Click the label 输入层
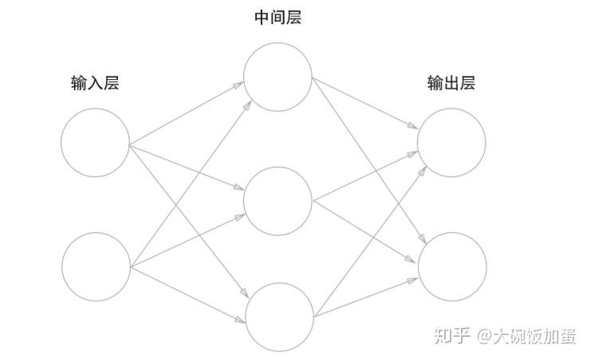pos(95,83)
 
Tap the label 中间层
pos(277,18)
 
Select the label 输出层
pos(451,83)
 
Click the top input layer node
pos(95,142)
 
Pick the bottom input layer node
pos(96,267)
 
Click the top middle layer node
pos(278,77)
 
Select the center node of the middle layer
pos(278,201)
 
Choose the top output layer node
pos(451,142)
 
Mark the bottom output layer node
pos(452,267)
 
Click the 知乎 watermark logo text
pos(452,336)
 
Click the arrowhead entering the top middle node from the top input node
pos(240,83)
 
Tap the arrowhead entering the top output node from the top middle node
pos(413,127)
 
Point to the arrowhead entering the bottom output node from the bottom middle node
pos(413,279)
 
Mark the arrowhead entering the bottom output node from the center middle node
pos(414,259)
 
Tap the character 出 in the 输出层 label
pos(451,83)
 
